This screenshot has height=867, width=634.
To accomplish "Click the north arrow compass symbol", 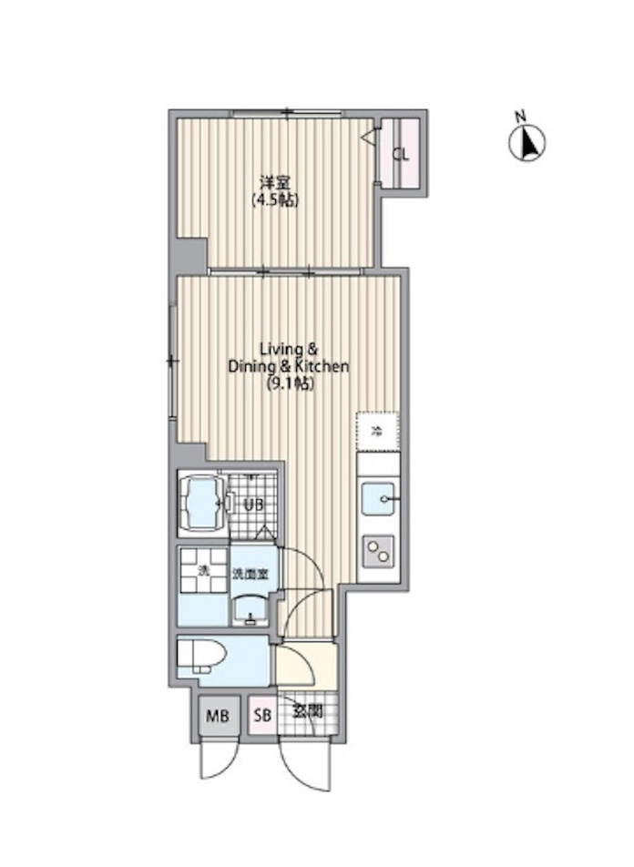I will coord(526,142).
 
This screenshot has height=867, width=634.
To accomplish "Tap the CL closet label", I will coord(400,154).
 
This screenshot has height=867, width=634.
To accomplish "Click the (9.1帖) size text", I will coord(289,384).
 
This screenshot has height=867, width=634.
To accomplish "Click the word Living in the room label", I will coord(276,349).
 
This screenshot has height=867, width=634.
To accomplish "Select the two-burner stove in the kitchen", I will coord(377,550).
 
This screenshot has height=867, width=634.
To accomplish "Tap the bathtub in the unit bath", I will coord(202,503).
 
